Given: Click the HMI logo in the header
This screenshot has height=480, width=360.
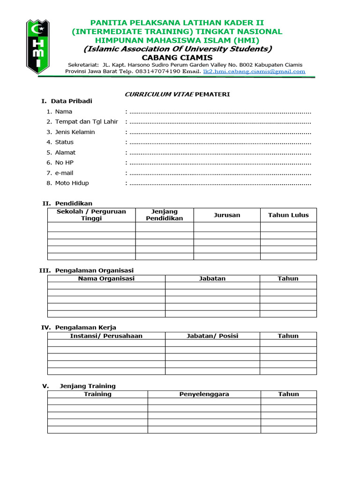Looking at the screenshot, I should click(x=37, y=46).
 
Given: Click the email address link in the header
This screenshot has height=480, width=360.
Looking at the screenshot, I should click(x=254, y=72).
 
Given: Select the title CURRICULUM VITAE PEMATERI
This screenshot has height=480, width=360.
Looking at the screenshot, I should click(x=177, y=94).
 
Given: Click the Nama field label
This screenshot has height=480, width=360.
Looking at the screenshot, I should click(x=63, y=112).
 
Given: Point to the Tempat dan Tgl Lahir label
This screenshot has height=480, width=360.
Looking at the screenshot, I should click(x=86, y=122).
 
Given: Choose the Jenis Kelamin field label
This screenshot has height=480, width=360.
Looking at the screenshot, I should click(x=75, y=132).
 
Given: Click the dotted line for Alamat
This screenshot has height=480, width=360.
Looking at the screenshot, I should click(x=220, y=153).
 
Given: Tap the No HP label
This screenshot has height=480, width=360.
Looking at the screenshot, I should click(x=64, y=163).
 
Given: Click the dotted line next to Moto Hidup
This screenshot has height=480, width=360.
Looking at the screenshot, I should click(x=220, y=183).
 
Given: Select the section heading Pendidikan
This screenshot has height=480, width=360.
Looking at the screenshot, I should click(x=74, y=203).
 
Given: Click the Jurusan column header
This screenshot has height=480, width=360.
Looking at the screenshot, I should click(x=227, y=215).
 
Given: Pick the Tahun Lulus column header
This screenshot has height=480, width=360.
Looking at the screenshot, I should click(x=288, y=215).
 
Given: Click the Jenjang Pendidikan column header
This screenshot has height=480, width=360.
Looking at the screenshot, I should click(x=165, y=215).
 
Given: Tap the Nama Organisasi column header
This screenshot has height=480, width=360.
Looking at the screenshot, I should click(x=106, y=278).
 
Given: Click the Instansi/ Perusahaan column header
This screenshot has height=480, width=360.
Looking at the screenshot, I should click(x=106, y=336).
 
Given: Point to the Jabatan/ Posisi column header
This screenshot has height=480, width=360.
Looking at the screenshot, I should click(x=212, y=336).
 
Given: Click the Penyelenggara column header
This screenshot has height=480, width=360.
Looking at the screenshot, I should click(x=204, y=394).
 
